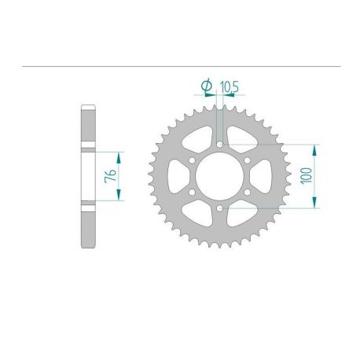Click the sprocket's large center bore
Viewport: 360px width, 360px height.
tap(219, 177)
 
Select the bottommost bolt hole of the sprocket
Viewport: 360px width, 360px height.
tap(219, 208)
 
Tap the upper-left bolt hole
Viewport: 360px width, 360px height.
tap(192, 161)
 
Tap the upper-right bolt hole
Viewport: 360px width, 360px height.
tap(247, 161)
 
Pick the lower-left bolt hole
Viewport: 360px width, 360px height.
tap(192, 193)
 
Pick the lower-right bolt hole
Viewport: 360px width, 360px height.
tap(247, 193)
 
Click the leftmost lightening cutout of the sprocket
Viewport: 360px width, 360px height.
tap(174, 177)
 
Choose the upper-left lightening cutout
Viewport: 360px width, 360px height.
tap(197, 139)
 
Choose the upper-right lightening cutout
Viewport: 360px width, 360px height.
tap(241, 139)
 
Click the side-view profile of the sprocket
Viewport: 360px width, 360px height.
tap(88, 177)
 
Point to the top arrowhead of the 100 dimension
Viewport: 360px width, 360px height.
tap(315, 148)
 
